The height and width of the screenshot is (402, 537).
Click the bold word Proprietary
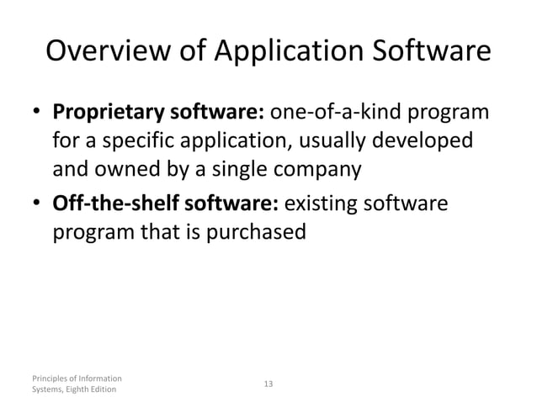109,114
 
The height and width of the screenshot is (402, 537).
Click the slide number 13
268,383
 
